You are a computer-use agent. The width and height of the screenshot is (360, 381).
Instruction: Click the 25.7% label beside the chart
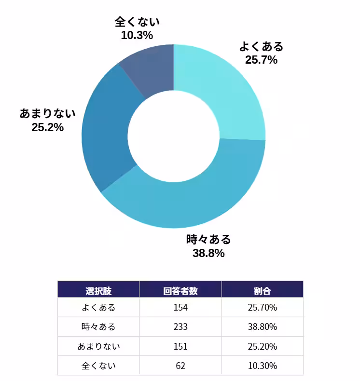(261, 60)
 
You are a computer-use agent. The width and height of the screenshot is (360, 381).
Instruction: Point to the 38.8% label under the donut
(208, 253)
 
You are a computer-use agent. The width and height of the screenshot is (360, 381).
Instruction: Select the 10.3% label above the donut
(137, 35)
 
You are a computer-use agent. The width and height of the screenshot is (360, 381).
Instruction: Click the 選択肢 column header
(98, 291)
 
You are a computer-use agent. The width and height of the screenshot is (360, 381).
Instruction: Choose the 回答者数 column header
(180, 291)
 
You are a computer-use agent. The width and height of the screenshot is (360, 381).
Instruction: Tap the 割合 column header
(263, 291)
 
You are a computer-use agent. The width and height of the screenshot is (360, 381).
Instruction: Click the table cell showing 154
(180, 308)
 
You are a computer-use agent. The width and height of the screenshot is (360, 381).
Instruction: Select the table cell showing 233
(180, 327)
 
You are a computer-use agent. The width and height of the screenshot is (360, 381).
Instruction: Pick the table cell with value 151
(180, 346)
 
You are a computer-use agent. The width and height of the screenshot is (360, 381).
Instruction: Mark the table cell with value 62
(180, 366)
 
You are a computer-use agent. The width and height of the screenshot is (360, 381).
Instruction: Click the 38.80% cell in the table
(263, 327)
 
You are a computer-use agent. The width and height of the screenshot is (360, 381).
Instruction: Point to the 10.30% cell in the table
(263, 366)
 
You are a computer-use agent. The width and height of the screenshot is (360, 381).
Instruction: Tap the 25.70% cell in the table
(263, 308)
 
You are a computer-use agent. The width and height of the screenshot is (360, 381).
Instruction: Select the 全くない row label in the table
(98, 366)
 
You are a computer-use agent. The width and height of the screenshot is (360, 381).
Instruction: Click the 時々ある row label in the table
(98, 327)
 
